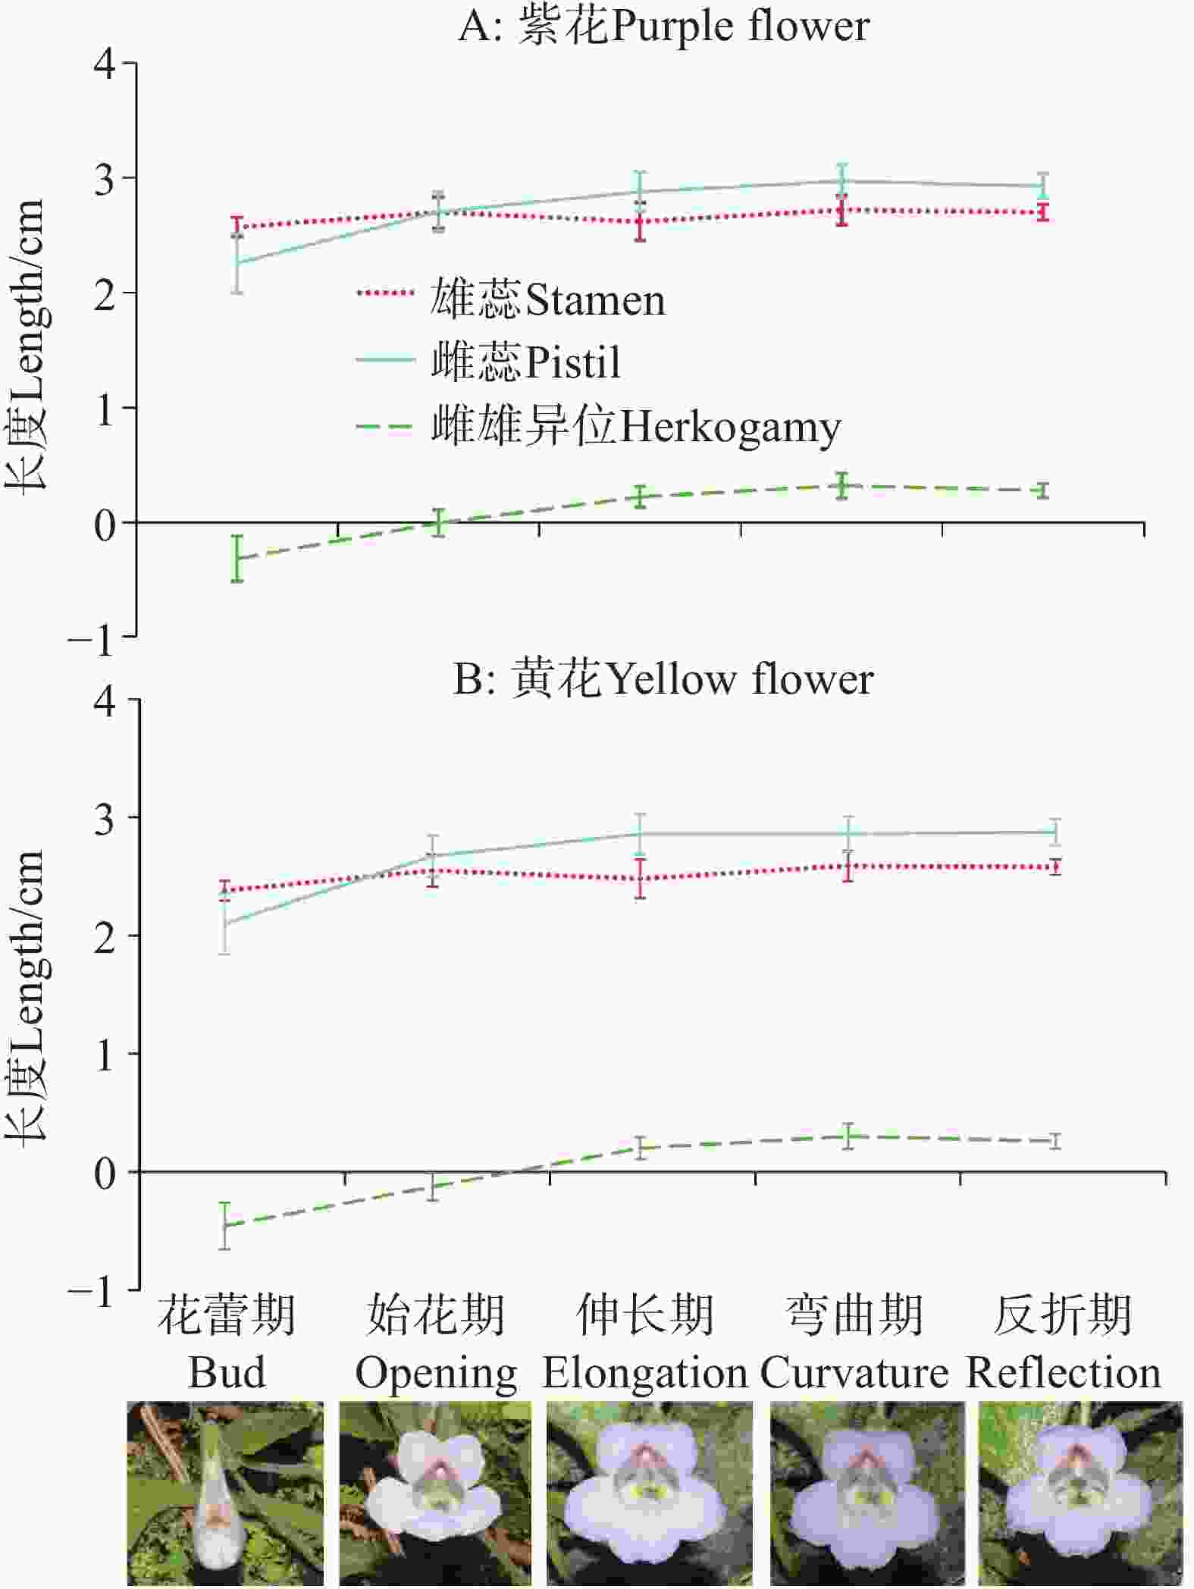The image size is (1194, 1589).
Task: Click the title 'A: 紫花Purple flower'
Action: point(663,27)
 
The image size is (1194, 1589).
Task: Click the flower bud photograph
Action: point(225,1493)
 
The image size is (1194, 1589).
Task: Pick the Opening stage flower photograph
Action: point(435,1493)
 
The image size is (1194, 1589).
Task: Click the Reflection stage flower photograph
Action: point(1080,1493)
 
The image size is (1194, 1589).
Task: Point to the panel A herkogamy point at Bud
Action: point(237,559)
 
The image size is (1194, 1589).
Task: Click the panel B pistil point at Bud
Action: point(225,923)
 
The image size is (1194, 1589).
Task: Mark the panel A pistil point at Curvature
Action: point(841,180)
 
